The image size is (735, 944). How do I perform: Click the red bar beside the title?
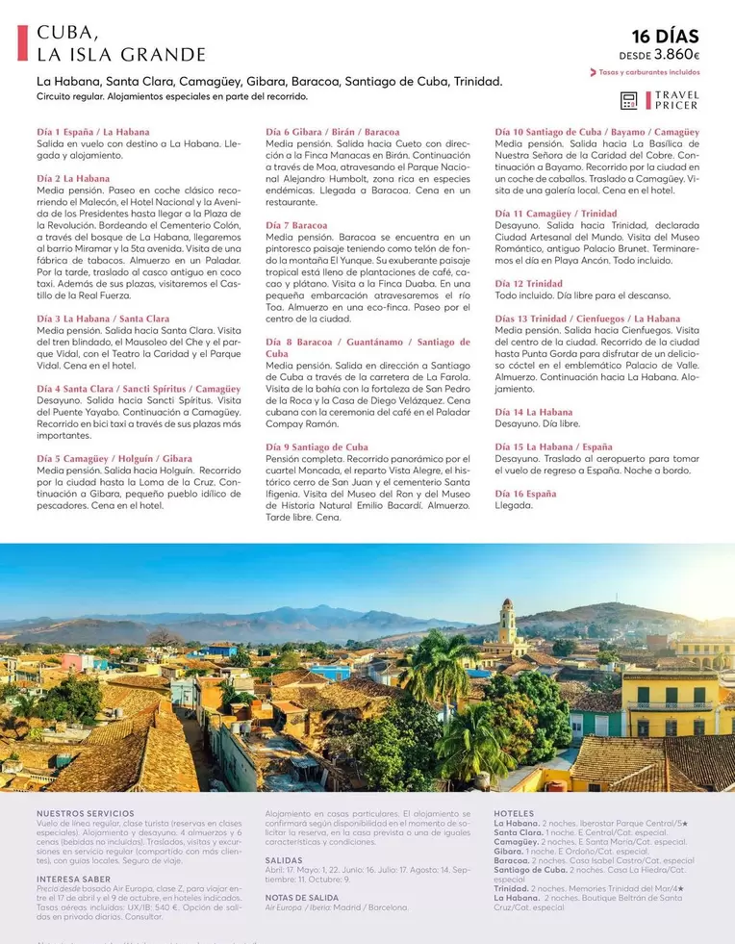[x=23, y=42]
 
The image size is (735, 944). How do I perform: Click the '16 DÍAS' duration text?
[x=665, y=37]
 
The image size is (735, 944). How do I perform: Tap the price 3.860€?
[x=678, y=56]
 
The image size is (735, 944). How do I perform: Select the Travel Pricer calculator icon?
[x=629, y=100]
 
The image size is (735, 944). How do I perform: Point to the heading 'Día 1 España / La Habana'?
[x=93, y=132]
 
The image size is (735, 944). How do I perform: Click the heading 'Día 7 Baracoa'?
[x=296, y=225]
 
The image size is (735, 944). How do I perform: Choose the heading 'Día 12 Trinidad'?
[x=528, y=284]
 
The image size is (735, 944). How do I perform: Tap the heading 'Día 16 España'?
[x=525, y=494]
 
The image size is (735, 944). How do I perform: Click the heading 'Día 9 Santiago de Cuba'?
[x=317, y=447]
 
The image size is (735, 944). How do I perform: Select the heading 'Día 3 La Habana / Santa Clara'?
[x=103, y=319]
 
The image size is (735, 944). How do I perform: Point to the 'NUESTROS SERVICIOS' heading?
[x=85, y=814]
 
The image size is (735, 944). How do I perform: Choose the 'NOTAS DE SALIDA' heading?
[x=303, y=897]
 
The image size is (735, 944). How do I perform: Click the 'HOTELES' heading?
[x=514, y=814]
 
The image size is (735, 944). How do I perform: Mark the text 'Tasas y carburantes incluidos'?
[x=648, y=72]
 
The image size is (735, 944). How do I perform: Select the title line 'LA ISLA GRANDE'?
[x=121, y=55]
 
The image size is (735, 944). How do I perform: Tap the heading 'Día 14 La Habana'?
[x=533, y=412]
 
